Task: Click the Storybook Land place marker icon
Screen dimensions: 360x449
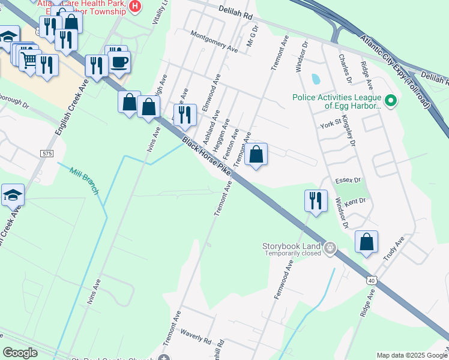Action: coord(330,247)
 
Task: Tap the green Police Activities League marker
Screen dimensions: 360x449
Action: coord(391,100)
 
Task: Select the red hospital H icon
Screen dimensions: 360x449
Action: coord(136,7)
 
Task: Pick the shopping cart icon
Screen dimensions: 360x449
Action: coord(28,59)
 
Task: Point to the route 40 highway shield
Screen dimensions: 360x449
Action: coord(372,280)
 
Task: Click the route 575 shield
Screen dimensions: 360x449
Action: coord(47,154)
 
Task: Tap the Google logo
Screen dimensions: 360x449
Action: coord(20,353)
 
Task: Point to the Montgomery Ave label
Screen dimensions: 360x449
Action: coord(214,41)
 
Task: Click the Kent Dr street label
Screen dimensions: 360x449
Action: coord(354,202)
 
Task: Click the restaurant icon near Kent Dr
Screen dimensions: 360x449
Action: coord(316,200)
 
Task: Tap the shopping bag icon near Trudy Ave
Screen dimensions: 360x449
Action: coord(366,242)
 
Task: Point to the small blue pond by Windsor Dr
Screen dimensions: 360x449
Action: coord(316,79)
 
